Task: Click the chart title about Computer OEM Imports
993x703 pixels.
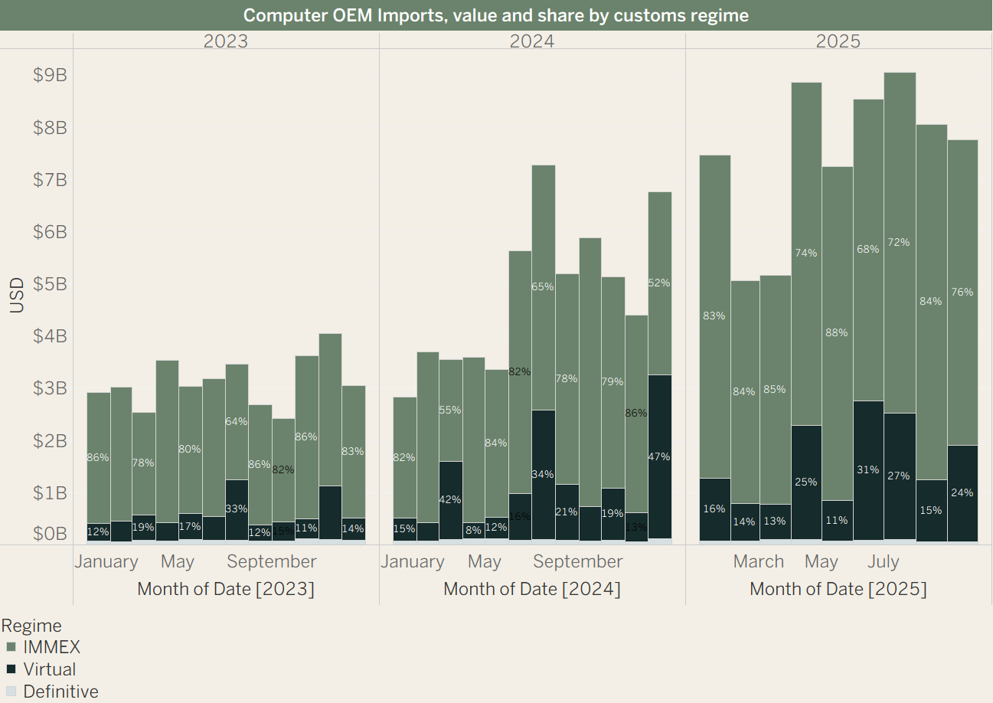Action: pyautogui.click(x=496, y=15)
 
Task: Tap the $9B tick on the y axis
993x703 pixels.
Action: pyautogui.click(x=50, y=75)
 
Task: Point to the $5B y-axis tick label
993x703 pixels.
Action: pyautogui.click(x=50, y=284)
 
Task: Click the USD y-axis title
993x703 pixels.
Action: pyautogui.click(x=17, y=295)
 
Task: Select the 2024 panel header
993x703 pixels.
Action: pyautogui.click(x=532, y=41)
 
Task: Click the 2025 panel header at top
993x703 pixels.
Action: pyautogui.click(x=838, y=41)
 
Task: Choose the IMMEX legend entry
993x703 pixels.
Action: pyautogui.click(x=51, y=647)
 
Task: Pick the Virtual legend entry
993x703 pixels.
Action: pyautogui.click(x=49, y=669)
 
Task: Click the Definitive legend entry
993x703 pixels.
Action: pyautogui.click(x=60, y=692)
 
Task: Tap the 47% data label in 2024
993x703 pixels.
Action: pyautogui.click(x=659, y=456)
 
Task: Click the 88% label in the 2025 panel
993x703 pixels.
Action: pyautogui.click(x=837, y=332)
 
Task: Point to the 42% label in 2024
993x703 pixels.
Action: pyautogui.click(x=450, y=499)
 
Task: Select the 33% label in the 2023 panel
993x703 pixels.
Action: pyautogui.click(x=237, y=508)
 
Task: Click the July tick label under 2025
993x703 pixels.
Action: pyautogui.click(x=884, y=561)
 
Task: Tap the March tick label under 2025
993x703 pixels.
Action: pyautogui.click(x=759, y=561)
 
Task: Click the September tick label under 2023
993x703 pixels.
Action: pyautogui.click(x=272, y=561)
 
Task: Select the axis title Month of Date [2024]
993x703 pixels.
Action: pyautogui.click(x=532, y=589)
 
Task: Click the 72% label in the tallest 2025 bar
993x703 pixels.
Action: pyautogui.click(x=899, y=242)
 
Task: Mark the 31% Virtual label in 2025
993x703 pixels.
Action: pyautogui.click(x=868, y=469)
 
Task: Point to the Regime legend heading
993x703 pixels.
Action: pyautogui.click(x=31, y=626)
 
